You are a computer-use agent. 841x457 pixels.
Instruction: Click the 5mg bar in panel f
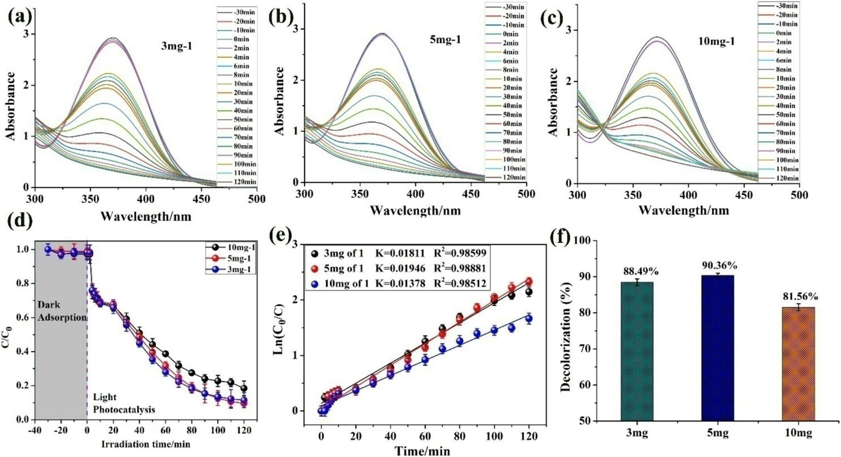point(718,348)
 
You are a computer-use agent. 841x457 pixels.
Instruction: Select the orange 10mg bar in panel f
point(798,364)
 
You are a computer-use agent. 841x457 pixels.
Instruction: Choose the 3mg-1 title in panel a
point(177,46)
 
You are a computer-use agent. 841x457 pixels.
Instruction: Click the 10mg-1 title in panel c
point(717,41)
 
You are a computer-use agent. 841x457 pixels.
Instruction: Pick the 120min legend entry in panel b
point(513,177)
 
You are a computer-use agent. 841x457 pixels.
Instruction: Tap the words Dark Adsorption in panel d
point(61,311)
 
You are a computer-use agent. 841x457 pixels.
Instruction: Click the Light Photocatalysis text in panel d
point(123,403)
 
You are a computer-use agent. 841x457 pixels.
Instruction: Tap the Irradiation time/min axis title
point(146,444)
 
